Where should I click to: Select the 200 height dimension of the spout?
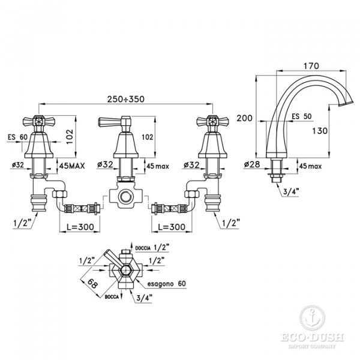coord(244,119)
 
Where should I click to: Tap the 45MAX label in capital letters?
coord(71,163)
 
